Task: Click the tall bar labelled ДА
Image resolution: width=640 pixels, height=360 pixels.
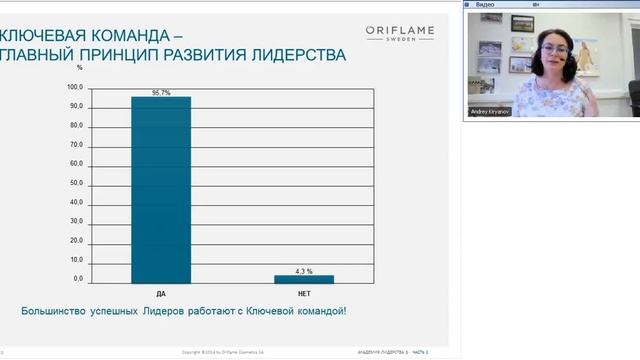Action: pyautogui.click(x=160, y=190)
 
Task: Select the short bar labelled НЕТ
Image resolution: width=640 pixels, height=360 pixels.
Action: pyautogui.click(x=304, y=279)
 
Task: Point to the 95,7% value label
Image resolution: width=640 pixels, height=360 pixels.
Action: pyautogui.click(x=160, y=91)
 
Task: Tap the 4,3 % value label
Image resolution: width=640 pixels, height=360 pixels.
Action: pyautogui.click(x=304, y=271)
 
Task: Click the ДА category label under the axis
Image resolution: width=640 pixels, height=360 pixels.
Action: pyautogui.click(x=161, y=295)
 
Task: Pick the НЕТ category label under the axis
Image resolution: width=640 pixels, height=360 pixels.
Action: pyautogui.click(x=304, y=295)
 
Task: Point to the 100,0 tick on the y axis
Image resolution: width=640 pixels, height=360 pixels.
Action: pyautogui.click(x=76, y=87)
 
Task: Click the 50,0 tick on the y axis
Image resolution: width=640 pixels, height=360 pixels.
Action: pyautogui.click(x=77, y=183)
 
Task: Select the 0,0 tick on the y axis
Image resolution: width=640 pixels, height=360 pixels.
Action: pyautogui.click(x=78, y=278)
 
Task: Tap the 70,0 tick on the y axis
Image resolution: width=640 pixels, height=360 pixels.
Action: pyautogui.click(x=77, y=144)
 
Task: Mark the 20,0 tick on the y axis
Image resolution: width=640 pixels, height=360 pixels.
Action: pyautogui.click(x=77, y=240)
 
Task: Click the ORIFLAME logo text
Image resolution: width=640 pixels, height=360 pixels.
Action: pyautogui.click(x=399, y=31)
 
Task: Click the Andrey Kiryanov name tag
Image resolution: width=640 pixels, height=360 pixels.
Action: pyautogui.click(x=490, y=112)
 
